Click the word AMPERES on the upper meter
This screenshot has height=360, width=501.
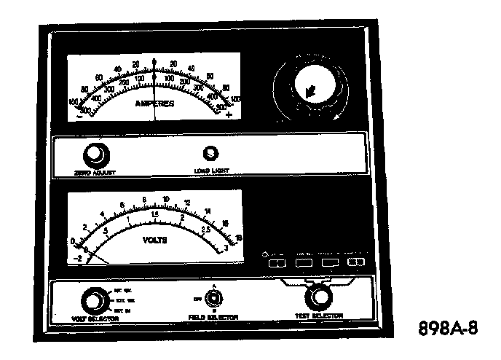[154, 103]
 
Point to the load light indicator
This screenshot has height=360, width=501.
[212, 153]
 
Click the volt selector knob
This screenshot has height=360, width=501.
[92, 300]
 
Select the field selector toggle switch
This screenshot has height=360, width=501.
[213, 298]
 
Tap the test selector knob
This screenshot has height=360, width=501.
[317, 296]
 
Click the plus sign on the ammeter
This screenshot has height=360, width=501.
[229, 115]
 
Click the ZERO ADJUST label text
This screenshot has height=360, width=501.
[95, 172]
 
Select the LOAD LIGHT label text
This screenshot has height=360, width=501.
[210, 172]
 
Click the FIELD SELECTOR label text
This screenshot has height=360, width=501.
[213, 317]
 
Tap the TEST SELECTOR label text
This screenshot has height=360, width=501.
[319, 315]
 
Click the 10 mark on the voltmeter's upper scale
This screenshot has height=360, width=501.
[167, 199]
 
